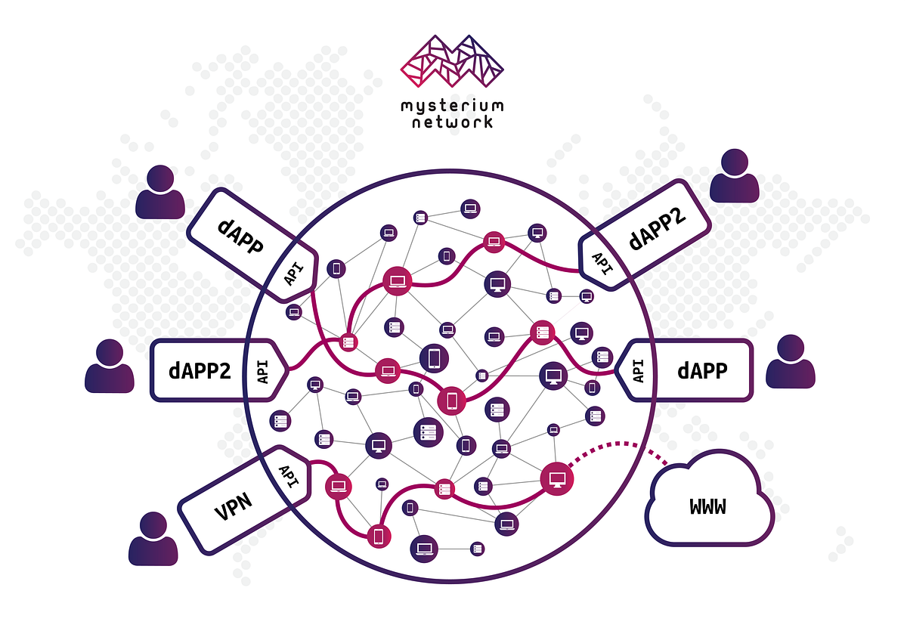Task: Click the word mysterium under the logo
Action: pyautogui.click(x=453, y=105)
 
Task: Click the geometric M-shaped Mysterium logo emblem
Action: pyautogui.click(x=453, y=60)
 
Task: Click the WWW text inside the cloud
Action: pyautogui.click(x=708, y=506)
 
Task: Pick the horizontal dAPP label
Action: pyautogui.click(x=702, y=370)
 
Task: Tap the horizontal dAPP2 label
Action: pyautogui.click(x=200, y=370)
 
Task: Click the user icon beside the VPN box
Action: pyautogui.click(x=153, y=540)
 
